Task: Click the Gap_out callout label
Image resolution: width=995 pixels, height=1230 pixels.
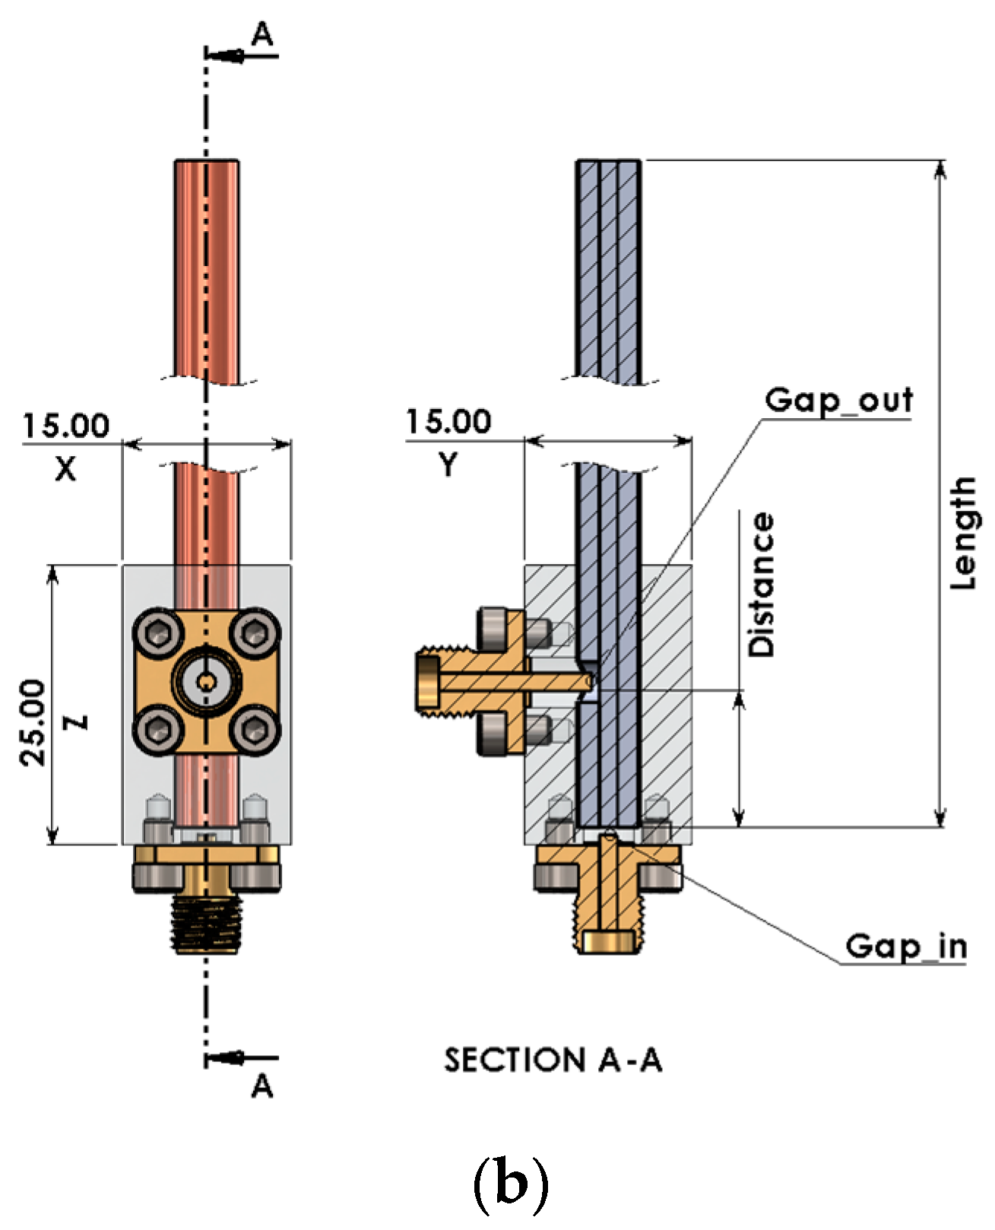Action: pyautogui.click(x=838, y=400)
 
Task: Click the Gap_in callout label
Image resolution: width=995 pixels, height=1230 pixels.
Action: pyautogui.click(x=905, y=946)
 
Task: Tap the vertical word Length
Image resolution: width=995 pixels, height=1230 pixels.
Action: pyautogui.click(x=963, y=532)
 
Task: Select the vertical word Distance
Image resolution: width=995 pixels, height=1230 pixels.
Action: pyautogui.click(x=761, y=584)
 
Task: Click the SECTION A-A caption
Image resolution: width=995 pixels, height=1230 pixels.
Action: pyautogui.click(x=553, y=1060)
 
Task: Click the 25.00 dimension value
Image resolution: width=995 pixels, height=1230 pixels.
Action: pyautogui.click(x=33, y=721)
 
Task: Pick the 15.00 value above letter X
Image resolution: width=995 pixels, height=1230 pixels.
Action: pyautogui.click(x=66, y=426)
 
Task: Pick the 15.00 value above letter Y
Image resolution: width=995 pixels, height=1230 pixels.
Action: pyautogui.click(x=448, y=422)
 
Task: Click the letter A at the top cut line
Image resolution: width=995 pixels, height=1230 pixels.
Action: pyautogui.click(x=262, y=35)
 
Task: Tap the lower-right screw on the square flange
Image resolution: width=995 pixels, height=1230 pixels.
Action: pyautogui.click(x=255, y=731)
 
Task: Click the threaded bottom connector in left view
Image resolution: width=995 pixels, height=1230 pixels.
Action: pyautogui.click(x=206, y=921)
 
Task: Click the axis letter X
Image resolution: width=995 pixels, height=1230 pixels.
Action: pyautogui.click(x=66, y=468)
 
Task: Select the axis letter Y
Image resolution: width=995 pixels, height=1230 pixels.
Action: pyautogui.click(x=448, y=464)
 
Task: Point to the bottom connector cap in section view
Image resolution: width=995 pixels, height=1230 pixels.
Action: pyautogui.click(x=607, y=941)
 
